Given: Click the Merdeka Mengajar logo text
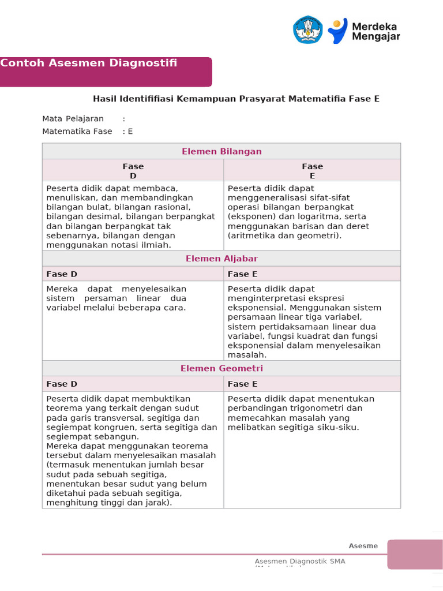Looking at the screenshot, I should point(376,31).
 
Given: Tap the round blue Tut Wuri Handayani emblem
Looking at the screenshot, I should point(308,30).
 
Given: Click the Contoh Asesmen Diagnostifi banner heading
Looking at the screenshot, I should point(88,63).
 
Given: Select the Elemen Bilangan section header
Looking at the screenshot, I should point(221,151).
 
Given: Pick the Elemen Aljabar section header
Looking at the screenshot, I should point(221,259).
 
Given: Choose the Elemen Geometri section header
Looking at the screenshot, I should point(221,368).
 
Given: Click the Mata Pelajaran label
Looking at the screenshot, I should point(73,118).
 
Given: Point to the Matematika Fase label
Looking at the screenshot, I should point(77,131).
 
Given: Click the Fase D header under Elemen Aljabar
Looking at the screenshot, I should point(62,274).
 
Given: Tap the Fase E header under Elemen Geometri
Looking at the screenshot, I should point(243,384).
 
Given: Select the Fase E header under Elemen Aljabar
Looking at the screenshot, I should point(243,274).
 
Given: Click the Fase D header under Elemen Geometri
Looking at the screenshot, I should point(62,384).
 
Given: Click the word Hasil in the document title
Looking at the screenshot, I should point(104,99).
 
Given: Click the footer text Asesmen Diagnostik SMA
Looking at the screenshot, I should point(300,561).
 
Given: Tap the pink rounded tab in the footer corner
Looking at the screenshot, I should point(415,554).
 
